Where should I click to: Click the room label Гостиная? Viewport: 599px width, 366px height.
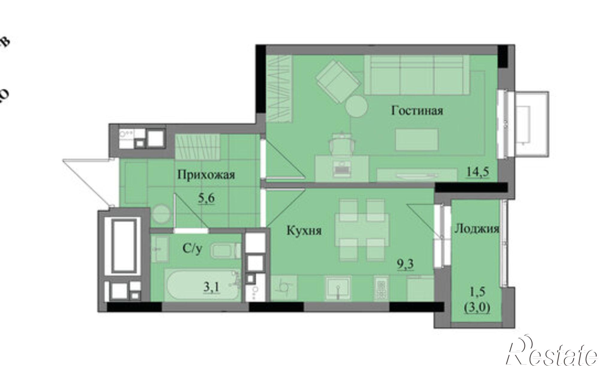(x=417, y=111)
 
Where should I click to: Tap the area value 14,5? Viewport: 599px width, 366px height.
(x=478, y=172)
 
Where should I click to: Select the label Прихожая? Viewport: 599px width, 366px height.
(x=206, y=174)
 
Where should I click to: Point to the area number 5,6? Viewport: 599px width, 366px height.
(x=206, y=198)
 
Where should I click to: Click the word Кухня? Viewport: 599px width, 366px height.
(x=304, y=231)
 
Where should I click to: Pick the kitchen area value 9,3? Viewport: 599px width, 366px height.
(x=406, y=264)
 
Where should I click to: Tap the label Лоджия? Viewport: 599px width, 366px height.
(x=477, y=229)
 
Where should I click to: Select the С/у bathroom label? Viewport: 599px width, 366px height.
(x=192, y=248)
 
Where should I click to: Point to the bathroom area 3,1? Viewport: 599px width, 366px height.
(x=212, y=287)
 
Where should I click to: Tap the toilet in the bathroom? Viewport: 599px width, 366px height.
(x=225, y=251)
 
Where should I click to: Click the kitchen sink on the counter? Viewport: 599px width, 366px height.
(x=338, y=287)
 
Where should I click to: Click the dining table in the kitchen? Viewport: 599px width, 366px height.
(x=362, y=229)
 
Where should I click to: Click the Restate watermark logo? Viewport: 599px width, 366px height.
(x=551, y=355)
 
